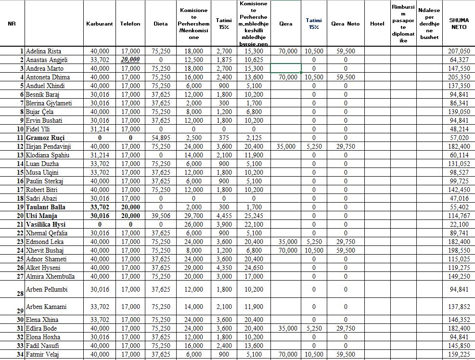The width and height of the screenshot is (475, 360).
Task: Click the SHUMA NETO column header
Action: point(459,24)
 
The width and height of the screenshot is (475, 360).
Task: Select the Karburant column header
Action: point(99,24)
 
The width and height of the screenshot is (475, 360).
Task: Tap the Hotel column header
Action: point(377,24)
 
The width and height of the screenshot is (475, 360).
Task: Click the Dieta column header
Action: point(161,24)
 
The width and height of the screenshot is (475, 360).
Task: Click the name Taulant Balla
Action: point(47,207)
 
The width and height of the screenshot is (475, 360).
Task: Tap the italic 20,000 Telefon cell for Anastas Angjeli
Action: point(130,60)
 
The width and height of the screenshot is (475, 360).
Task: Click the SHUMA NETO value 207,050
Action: point(459,51)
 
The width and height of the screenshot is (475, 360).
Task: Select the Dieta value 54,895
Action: point(161,138)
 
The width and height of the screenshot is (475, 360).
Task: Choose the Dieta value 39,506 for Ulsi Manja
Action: point(161,216)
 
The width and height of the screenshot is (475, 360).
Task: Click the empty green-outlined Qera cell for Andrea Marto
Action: point(286,68)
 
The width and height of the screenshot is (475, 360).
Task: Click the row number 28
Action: point(20,293)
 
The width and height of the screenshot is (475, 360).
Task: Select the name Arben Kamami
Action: point(46,307)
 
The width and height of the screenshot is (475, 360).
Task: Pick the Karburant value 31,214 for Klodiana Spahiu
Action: point(100,155)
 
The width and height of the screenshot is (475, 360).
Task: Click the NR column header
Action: point(12,24)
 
